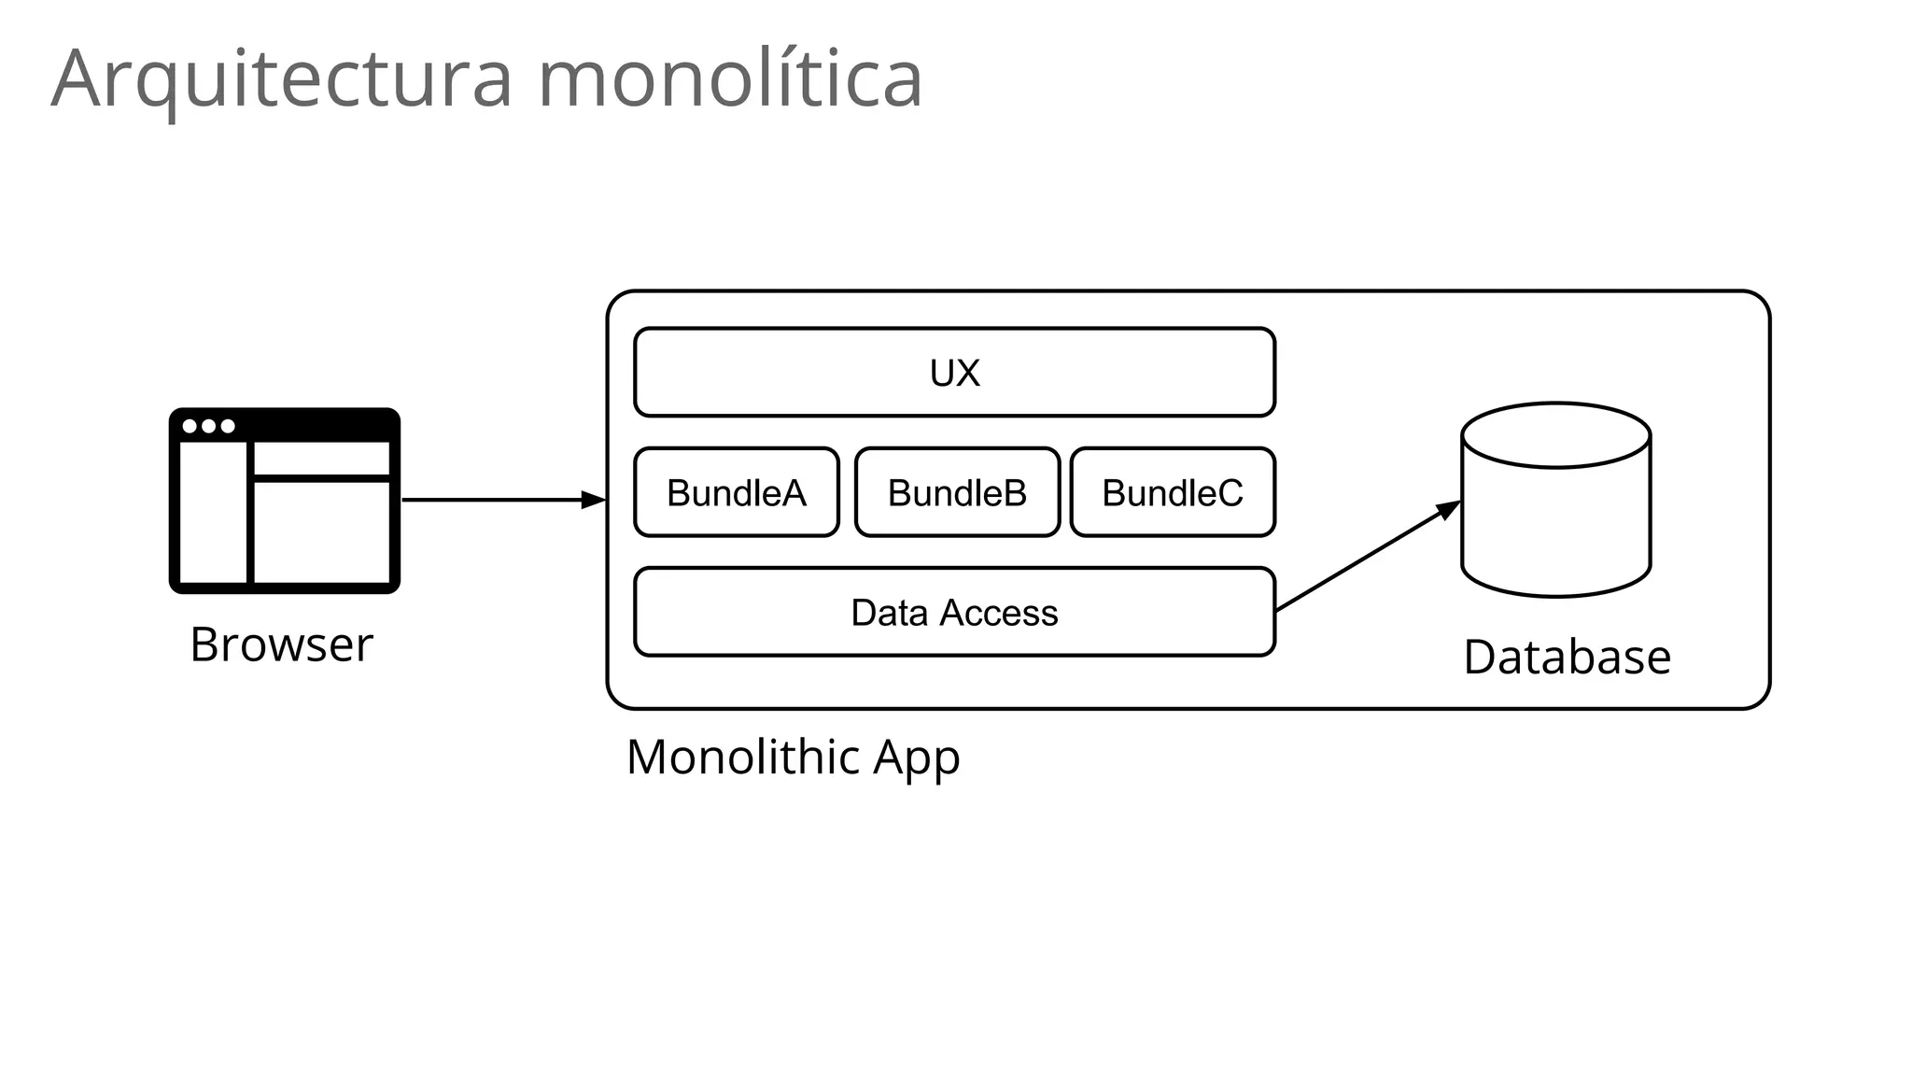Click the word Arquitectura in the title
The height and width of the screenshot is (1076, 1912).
(281, 78)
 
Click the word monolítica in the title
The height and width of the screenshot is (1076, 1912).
(730, 78)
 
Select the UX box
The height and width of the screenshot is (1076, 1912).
(954, 372)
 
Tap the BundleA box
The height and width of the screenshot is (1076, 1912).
(736, 492)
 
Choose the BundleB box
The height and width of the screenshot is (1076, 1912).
(957, 492)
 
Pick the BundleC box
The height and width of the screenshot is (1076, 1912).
(1173, 492)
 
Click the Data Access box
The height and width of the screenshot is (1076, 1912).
(954, 612)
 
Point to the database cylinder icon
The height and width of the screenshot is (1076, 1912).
(1555, 523)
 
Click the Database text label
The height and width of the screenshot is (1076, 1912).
(1567, 657)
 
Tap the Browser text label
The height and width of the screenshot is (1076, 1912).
(281, 644)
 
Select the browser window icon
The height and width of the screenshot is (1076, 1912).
(284, 500)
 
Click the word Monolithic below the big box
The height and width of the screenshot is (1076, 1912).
(743, 757)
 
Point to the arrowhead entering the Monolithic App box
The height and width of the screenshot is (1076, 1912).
(594, 500)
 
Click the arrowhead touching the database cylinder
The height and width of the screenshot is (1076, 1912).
(1448, 510)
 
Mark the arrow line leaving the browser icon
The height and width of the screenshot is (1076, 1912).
(485, 500)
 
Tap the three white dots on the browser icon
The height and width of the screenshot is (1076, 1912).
(208, 426)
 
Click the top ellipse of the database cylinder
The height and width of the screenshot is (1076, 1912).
(1555, 435)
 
